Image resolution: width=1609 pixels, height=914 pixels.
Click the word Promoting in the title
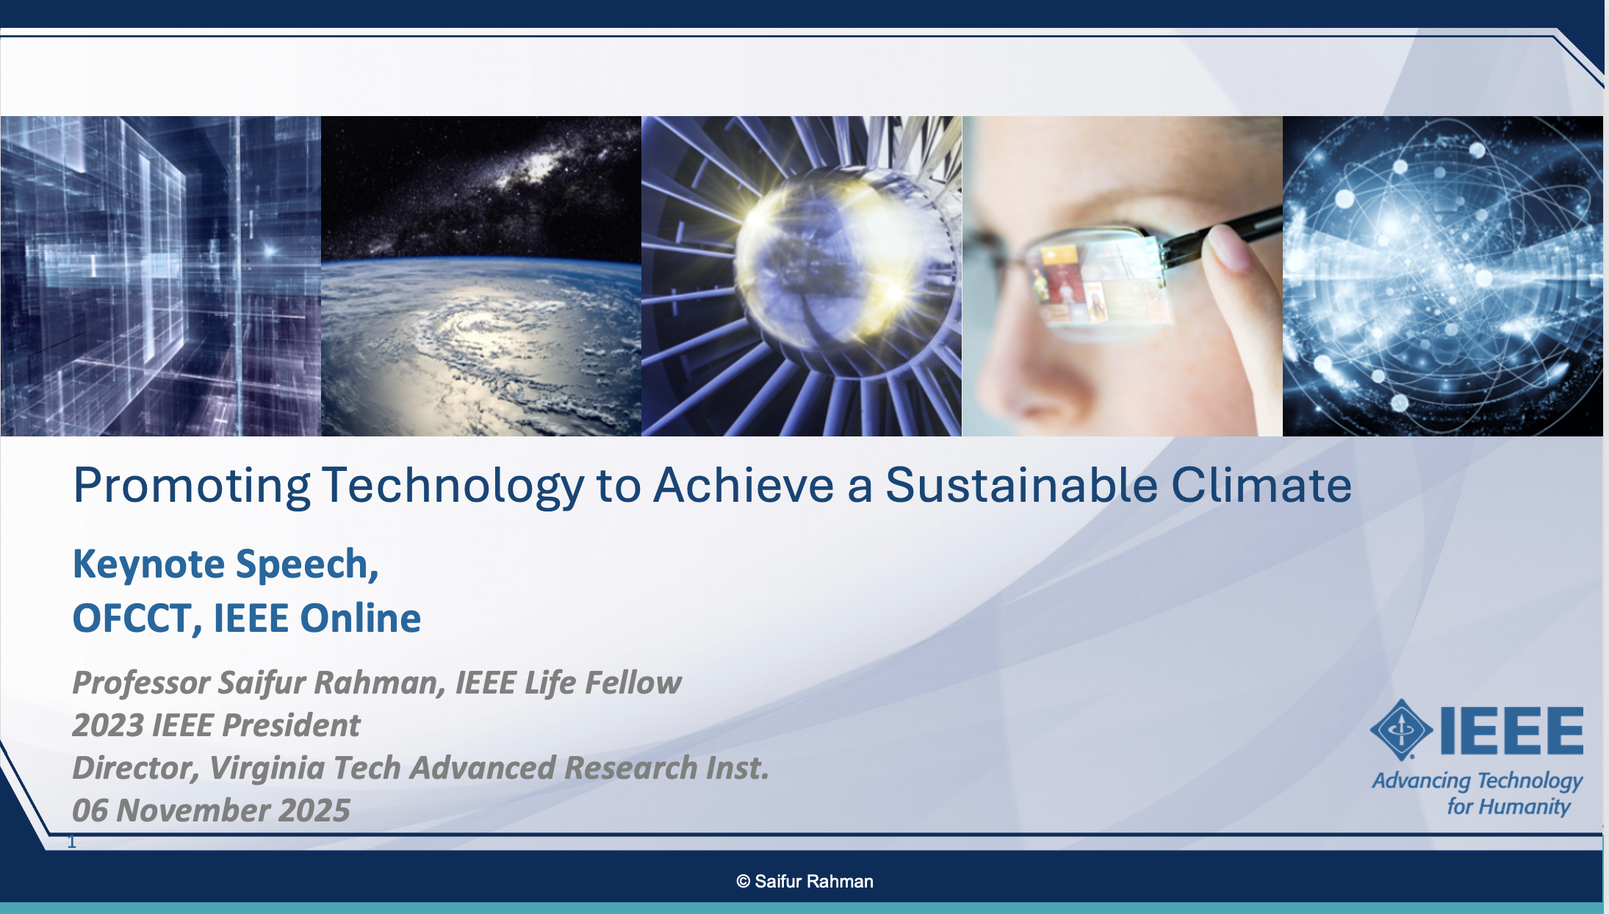192,486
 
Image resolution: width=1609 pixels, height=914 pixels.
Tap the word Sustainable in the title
1022,485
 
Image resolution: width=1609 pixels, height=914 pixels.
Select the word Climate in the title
1261,485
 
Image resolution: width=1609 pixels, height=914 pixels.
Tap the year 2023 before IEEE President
107,725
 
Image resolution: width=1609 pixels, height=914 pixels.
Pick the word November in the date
192,810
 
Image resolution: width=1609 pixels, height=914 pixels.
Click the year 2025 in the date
314,810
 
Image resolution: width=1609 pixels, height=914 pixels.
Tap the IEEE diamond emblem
1401,730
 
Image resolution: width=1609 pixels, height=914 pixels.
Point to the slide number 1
72,842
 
